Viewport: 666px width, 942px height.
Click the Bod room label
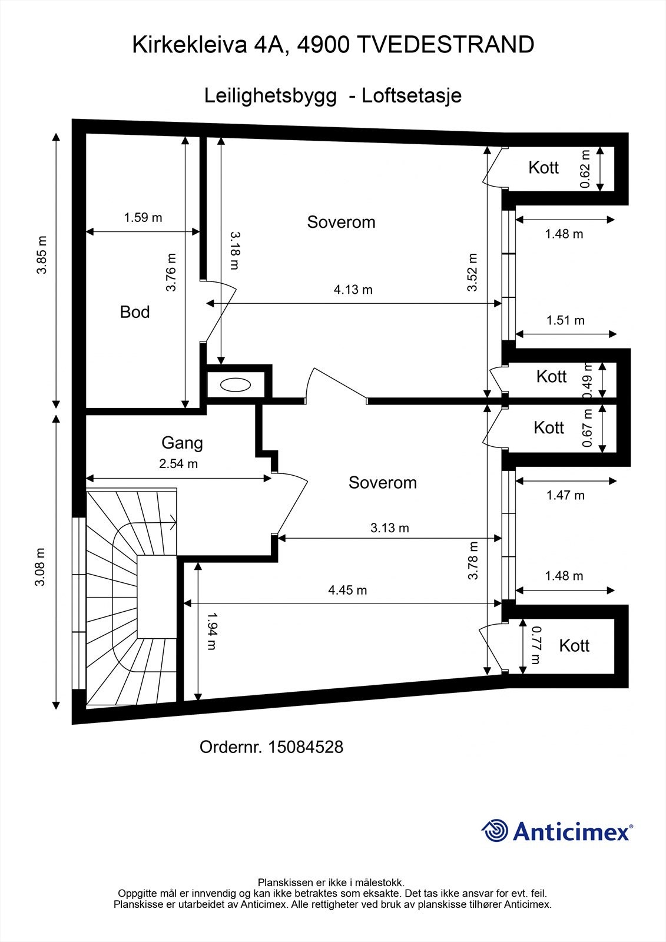[135, 312]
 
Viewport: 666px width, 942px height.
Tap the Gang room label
[182, 443]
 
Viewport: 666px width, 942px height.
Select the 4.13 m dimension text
[353, 290]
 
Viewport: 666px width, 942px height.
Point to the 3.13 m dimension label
[390, 528]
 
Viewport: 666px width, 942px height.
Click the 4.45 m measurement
[347, 590]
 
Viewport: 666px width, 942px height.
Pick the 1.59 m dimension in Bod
[143, 217]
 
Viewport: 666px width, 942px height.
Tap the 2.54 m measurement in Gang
[178, 464]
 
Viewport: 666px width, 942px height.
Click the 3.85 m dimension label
[42, 255]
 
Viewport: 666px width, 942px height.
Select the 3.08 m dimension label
[40, 568]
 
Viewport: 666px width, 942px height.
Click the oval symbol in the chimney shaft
[235, 384]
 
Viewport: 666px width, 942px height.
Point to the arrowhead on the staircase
[173, 523]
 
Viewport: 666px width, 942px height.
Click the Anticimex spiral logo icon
[495, 831]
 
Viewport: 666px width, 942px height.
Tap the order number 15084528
[306, 747]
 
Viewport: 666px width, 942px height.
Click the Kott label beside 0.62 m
[544, 168]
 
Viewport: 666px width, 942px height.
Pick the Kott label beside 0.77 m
[574, 645]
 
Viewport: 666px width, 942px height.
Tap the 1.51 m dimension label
[565, 320]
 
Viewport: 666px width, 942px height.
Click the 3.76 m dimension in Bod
[171, 272]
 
